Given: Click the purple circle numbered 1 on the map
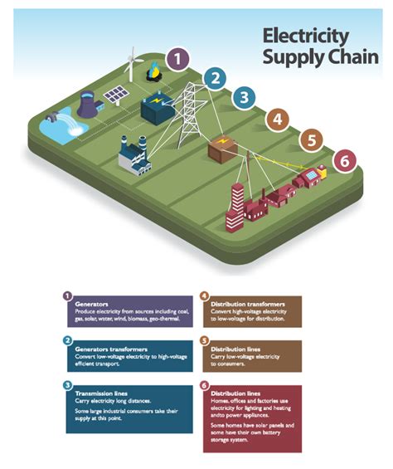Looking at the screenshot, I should (x=177, y=59).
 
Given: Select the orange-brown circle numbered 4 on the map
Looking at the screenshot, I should (x=277, y=120).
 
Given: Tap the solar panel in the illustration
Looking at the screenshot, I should (x=115, y=92).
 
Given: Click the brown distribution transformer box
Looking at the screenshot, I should (x=223, y=149).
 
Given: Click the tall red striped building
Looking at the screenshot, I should (x=235, y=208).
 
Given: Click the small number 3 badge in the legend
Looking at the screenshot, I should (x=66, y=384).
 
